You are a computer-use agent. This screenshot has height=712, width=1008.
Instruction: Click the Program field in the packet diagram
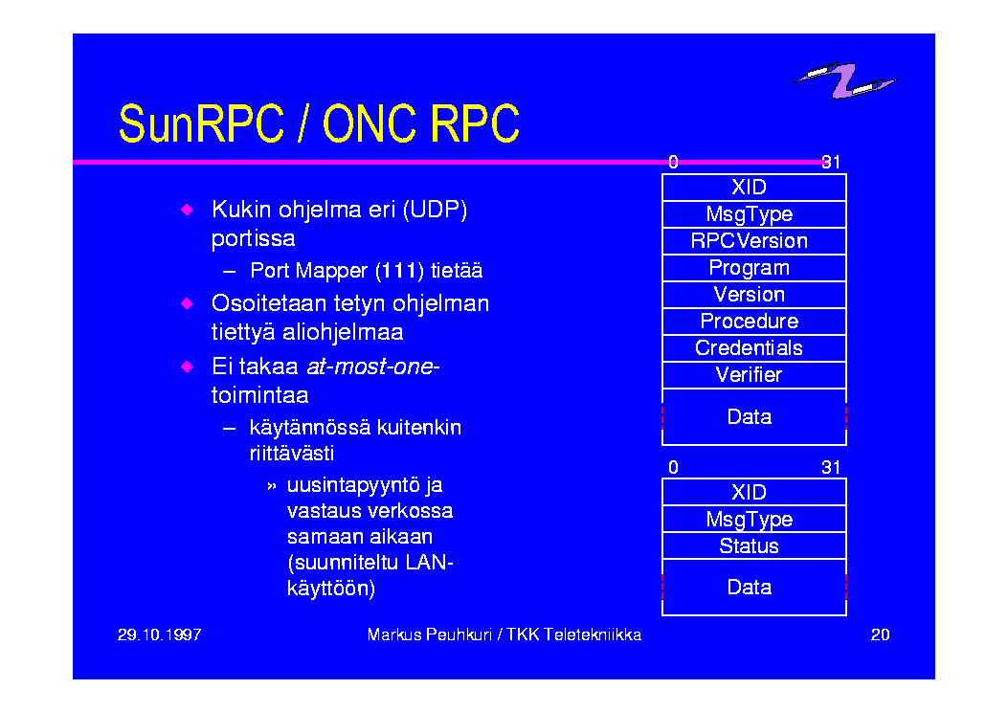[x=754, y=268]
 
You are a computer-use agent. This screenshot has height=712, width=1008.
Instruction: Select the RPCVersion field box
[x=754, y=241]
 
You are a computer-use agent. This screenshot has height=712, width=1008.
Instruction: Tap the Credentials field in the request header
[x=754, y=348]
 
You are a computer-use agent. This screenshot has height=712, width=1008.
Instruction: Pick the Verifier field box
[x=754, y=375]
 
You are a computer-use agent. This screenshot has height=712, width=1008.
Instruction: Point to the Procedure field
[x=754, y=322]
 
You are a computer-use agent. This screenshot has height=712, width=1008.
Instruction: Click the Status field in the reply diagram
[x=754, y=546]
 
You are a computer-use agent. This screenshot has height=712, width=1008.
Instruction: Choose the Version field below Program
[x=754, y=295]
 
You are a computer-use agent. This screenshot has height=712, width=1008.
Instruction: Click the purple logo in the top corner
[x=845, y=80]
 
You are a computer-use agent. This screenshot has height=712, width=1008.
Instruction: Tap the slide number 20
[x=880, y=634]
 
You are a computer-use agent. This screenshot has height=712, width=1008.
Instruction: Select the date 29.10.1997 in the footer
[x=160, y=634]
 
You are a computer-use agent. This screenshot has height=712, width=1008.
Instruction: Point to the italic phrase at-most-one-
[x=373, y=367]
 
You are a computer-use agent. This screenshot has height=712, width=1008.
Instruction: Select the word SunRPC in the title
[x=201, y=123]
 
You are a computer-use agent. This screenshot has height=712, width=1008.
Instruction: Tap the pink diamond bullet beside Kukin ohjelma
[x=187, y=210]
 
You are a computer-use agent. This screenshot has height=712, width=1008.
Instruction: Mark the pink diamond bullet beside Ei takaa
[x=187, y=367]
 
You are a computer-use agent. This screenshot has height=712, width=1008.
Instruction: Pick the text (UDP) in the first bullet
[x=436, y=211]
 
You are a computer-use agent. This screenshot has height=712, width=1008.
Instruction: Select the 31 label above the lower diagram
[x=831, y=467]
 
